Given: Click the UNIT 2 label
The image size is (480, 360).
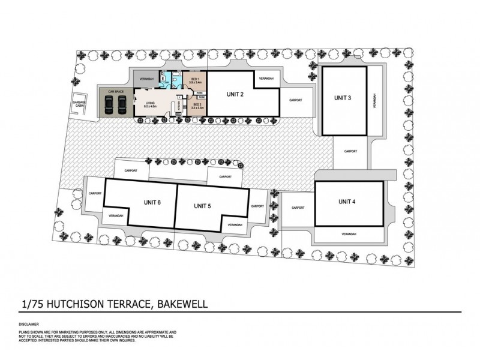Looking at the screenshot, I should (x=235, y=94).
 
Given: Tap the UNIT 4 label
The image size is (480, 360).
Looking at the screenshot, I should (x=347, y=202).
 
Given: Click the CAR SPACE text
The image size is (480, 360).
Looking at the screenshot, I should (x=115, y=91).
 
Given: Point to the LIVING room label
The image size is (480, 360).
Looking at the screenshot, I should (x=150, y=104).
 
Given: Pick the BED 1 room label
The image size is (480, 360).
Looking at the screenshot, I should (x=195, y=81).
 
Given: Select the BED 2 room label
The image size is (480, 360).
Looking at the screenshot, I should (x=197, y=107).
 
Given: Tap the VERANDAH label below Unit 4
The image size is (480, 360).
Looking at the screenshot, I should (x=349, y=233).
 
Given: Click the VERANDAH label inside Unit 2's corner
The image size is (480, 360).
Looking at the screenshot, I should (x=266, y=79).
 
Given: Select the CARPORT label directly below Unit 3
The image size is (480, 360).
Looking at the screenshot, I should (x=350, y=152).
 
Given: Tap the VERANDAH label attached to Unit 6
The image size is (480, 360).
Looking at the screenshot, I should (x=116, y=215).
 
